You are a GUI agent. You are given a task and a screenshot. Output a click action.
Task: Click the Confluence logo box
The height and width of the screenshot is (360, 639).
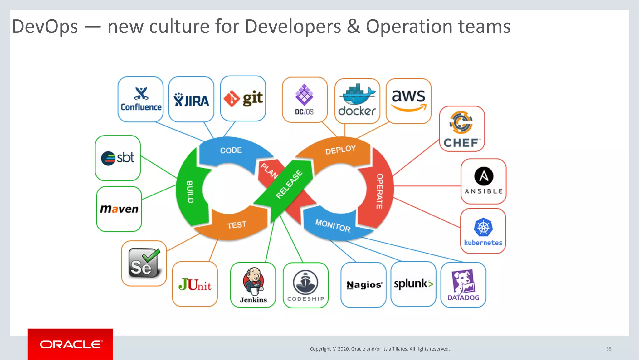tap(140, 99)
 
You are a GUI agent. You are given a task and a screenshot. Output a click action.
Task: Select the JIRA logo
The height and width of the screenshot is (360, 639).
tap(191, 100)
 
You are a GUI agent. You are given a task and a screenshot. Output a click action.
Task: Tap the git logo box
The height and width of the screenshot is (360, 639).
tap(243, 99)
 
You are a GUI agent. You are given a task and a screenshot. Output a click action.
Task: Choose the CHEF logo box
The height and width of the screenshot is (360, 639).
tap(462, 129)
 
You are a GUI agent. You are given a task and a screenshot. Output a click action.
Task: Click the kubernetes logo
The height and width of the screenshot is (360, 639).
tap(483, 231)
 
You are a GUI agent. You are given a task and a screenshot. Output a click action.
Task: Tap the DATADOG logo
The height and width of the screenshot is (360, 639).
tap(463, 285)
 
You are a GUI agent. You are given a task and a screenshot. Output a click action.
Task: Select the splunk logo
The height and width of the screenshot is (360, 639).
tap(413, 284)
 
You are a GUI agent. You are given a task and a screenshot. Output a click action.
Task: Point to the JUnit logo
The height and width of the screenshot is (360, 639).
tap(195, 284)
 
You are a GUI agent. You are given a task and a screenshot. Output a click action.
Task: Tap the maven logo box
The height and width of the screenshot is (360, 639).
tap(119, 209)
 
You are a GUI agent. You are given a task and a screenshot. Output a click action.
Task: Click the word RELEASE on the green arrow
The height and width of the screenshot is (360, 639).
tap(289, 184)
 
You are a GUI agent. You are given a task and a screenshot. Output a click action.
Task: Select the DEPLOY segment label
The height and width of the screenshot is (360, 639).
tap(340, 150)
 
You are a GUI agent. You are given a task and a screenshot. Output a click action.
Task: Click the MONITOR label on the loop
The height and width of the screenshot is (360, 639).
tap(333, 225)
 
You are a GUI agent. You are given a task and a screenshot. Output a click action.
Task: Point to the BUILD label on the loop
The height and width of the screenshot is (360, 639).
tap(190, 192)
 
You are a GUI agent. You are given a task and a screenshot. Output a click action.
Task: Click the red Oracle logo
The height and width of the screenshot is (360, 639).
tap(71, 344)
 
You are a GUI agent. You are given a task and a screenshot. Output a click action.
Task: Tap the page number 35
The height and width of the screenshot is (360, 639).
tap(609, 349)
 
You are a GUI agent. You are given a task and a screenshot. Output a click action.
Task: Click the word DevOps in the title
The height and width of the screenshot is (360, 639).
tap(45, 27)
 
